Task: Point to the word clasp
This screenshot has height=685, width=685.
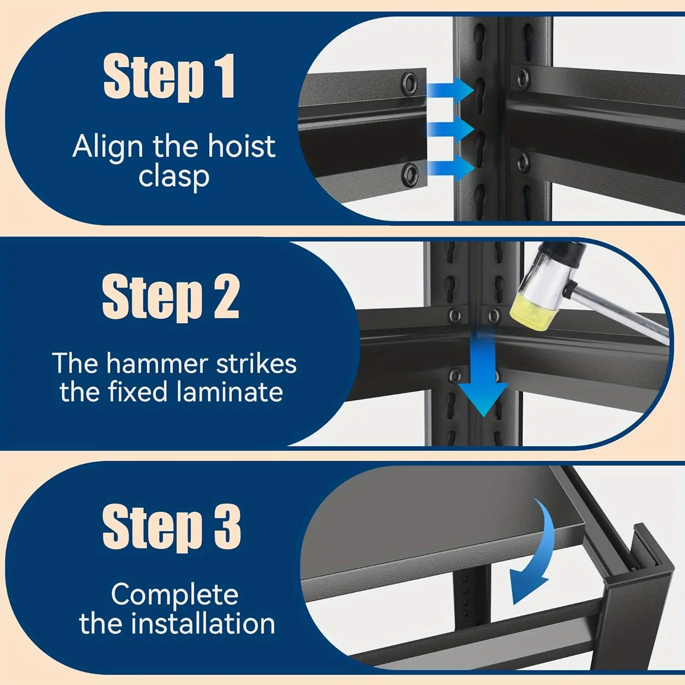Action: click(x=174, y=177)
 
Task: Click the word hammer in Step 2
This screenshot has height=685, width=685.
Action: click(x=157, y=364)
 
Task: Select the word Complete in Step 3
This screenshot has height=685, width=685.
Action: click(x=174, y=595)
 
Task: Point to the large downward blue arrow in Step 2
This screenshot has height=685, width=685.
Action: click(x=483, y=374)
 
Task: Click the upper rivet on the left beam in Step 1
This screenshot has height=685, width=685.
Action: click(x=409, y=83)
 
